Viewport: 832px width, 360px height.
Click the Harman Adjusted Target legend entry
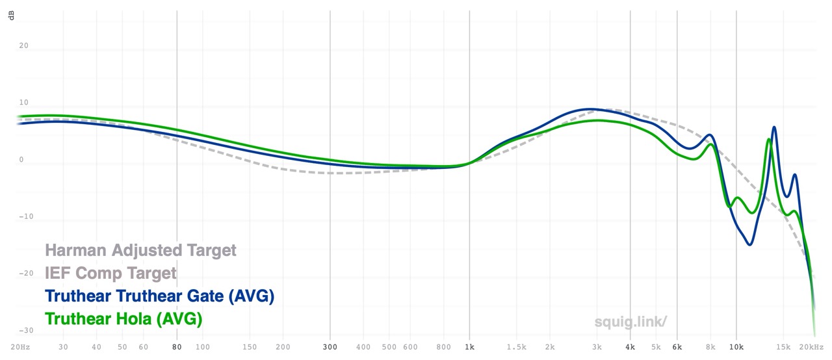tap(140, 250)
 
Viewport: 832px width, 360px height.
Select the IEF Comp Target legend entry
tap(110, 273)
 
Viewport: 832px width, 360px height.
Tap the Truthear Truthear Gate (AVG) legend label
tap(159, 296)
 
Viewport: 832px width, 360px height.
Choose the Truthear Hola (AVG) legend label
tap(123, 319)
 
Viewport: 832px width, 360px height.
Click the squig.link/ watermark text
tap(630, 322)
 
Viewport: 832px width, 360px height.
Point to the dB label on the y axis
tap(12, 14)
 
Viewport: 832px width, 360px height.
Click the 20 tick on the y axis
tap(23, 46)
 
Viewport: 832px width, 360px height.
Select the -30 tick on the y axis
tap(23, 331)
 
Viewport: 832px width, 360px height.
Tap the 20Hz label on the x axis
tap(21, 348)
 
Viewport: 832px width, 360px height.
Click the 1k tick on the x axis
tap(469, 348)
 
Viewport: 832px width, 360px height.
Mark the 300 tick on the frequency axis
tap(330, 348)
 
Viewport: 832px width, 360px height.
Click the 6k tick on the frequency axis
tap(677, 348)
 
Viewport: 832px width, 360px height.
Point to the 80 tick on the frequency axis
tap(177, 348)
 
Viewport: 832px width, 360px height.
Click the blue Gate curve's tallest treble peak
tap(774, 127)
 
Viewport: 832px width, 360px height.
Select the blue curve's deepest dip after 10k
tap(750, 244)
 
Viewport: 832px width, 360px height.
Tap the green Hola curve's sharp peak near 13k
tap(768, 139)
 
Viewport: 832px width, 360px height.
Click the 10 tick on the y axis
tap(23, 103)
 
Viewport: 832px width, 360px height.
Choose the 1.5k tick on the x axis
tap(517, 348)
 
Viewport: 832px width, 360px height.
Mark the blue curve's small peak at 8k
tap(710, 135)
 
